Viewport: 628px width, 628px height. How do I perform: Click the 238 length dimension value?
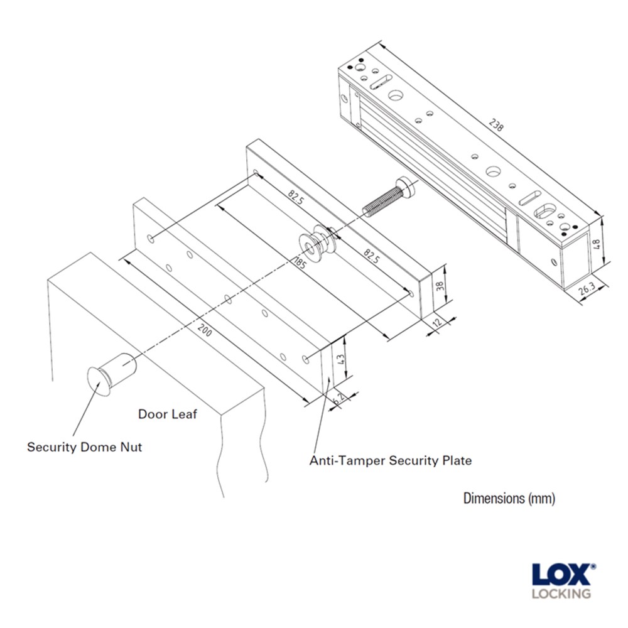point(495,124)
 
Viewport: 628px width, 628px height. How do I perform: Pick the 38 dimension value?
point(440,286)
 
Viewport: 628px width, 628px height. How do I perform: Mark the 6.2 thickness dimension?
point(340,397)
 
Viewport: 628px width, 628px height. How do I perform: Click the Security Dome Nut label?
point(84,447)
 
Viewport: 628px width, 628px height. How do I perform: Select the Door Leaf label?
point(167,414)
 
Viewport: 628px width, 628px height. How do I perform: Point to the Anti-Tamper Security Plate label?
point(390,460)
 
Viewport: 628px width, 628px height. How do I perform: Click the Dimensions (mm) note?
point(509,499)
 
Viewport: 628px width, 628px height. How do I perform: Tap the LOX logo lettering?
point(560,575)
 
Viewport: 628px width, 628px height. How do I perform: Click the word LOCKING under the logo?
point(561,593)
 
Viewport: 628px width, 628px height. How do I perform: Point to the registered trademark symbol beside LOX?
point(593,566)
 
